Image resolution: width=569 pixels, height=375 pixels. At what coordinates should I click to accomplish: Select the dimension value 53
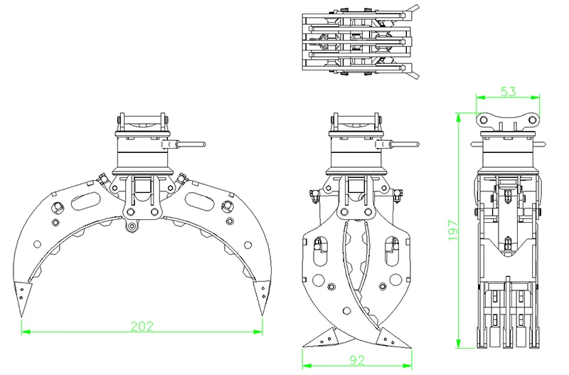508,91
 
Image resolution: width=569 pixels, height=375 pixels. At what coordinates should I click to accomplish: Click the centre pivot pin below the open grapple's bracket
131,228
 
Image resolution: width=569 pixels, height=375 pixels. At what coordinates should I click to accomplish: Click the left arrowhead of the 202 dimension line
23,331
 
